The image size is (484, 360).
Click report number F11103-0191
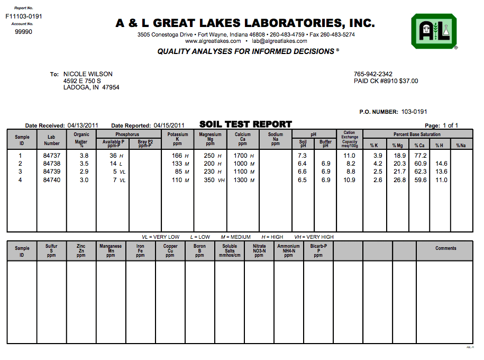[x=24, y=16]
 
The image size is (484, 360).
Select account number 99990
[x=23, y=32]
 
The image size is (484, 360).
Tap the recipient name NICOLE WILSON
[x=88, y=74]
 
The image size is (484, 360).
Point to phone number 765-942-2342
[x=373, y=74]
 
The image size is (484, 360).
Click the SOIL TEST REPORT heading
[x=245, y=124]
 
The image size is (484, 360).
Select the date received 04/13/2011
[x=83, y=125]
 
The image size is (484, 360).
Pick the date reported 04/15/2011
[x=169, y=125]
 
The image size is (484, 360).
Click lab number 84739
[x=52, y=172]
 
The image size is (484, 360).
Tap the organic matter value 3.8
[x=84, y=156]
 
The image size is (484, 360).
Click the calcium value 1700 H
[x=244, y=156]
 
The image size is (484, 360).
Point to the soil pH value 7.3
[x=303, y=156]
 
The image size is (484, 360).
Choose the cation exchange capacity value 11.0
[x=349, y=156]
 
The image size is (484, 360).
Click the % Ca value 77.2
[x=420, y=156]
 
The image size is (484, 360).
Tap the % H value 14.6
[x=441, y=164]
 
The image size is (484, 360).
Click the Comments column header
[x=445, y=248]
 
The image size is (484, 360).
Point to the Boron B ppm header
[x=199, y=250]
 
